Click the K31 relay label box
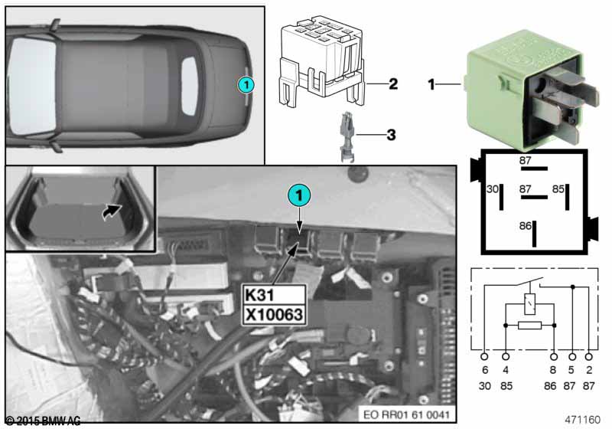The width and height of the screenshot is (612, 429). click(x=274, y=295)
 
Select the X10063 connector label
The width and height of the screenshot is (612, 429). click(x=274, y=315)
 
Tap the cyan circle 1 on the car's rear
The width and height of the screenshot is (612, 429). click(x=246, y=84)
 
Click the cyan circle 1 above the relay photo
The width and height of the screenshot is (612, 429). click(x=299, y=195)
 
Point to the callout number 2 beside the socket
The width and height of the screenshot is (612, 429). click(x=393, y=84)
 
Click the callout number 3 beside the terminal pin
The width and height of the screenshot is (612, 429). click(x=391, y=135)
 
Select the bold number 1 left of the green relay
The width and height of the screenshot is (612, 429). click(x=431, y=84)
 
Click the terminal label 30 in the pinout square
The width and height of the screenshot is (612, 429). click(x=492, y=189)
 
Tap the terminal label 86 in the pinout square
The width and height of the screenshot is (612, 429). click(x=526, y=226)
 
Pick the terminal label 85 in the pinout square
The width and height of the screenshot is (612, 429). click(x=558, y=189)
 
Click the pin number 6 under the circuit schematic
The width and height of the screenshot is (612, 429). click(x=485, y=370)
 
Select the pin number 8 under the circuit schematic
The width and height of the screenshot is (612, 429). click(x=553, y=370)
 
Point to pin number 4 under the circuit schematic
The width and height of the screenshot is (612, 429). click(x=506, y=370)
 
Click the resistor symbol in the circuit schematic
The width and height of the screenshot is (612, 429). click(x=529, y=325)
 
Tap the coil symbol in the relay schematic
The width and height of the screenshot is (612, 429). click(x=529, y=304)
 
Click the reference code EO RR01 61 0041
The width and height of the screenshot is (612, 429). click(x=406, y=414)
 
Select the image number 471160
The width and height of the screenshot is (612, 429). click(x=582, y=420)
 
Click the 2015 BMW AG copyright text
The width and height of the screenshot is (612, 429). click(x=43, y=421)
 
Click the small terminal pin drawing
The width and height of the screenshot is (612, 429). click(x=347, y=137)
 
